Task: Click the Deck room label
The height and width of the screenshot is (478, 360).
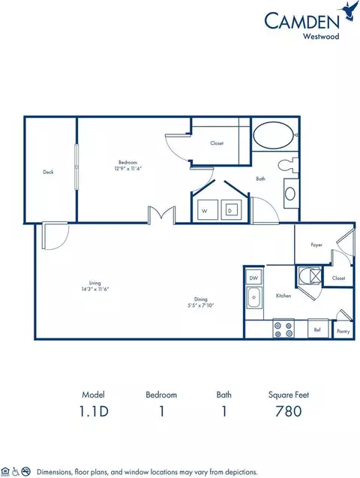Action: point(48,172)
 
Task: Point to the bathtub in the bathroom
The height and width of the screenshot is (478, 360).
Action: point(274,137)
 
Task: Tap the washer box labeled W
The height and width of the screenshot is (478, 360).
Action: point(204,211)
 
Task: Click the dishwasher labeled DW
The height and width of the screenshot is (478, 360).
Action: point(253,278)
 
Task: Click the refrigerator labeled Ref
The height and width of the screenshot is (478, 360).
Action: point(318,329)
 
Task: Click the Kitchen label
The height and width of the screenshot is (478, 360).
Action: point(283,296)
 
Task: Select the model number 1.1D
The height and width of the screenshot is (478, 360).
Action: point(94,410)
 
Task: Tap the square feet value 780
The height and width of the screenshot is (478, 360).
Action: point(288,410)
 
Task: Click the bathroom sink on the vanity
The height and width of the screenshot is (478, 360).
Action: point(290,193)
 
